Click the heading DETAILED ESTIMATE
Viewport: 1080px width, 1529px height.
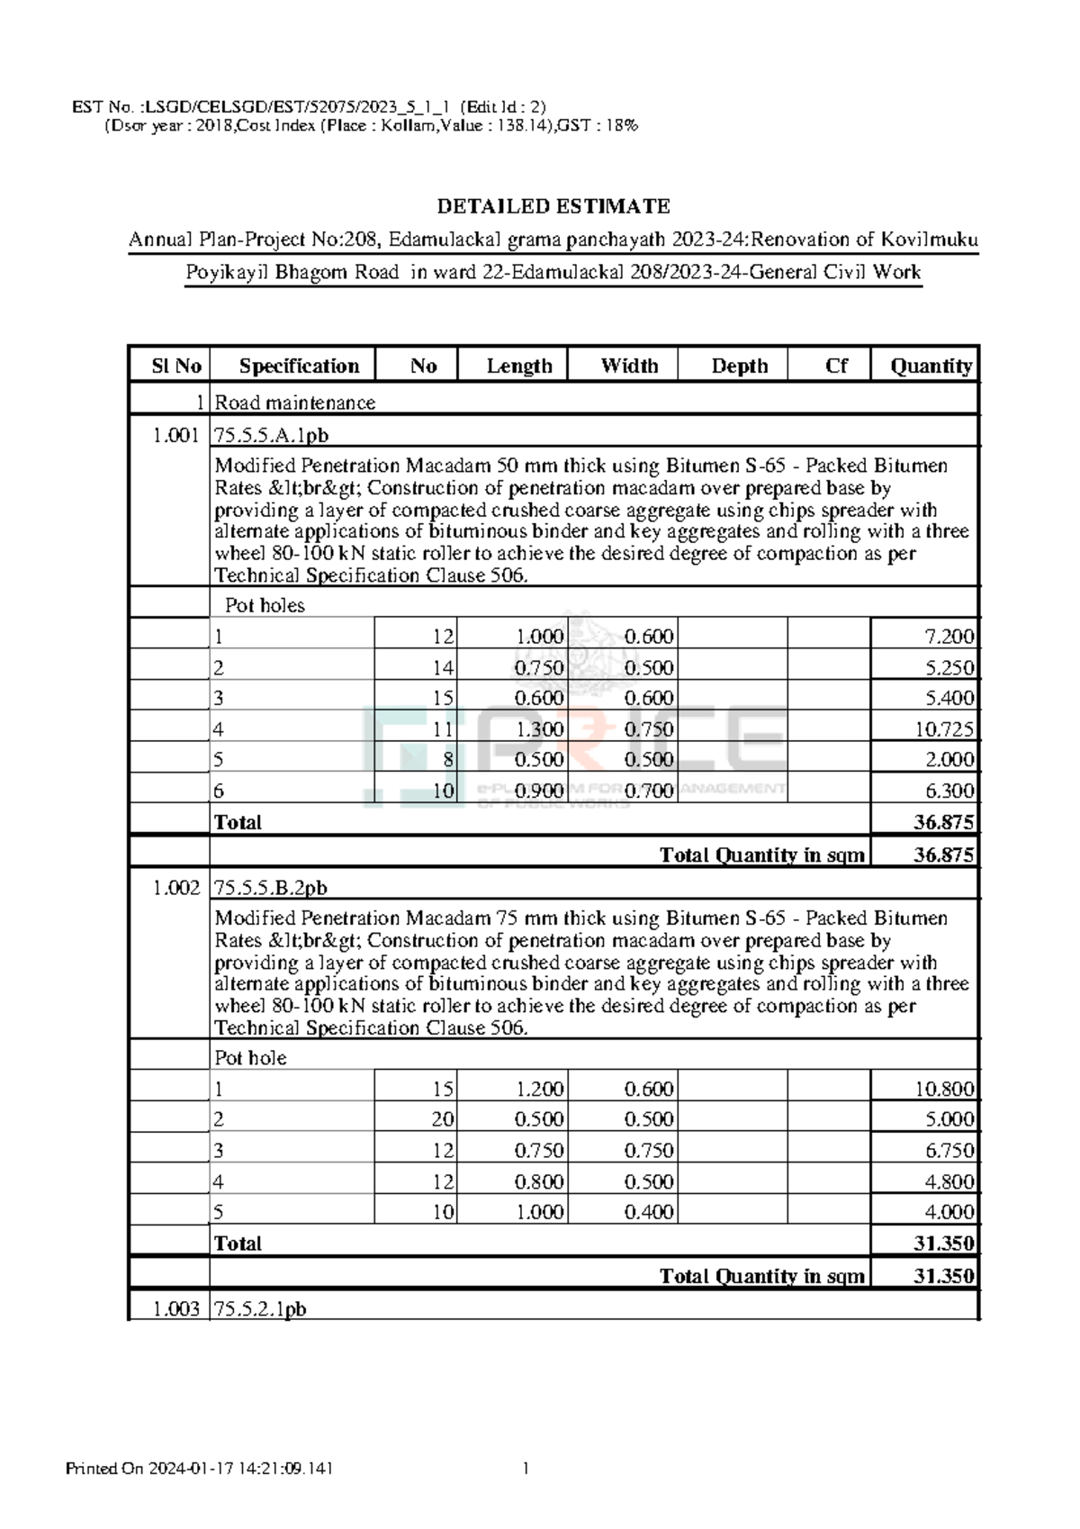553,206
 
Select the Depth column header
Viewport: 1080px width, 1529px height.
739,366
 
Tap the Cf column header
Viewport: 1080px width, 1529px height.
836,366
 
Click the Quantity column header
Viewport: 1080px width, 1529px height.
931,366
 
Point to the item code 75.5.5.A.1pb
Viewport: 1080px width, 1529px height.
271,436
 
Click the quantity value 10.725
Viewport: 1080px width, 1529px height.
944,729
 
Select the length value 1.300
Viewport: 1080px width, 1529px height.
539,729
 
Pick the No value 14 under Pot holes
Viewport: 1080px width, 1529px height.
443,668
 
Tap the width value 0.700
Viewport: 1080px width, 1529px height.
649,792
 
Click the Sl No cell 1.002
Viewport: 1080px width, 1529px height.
176,888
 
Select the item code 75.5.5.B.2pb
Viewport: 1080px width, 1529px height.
271,888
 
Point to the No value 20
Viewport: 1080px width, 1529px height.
443,1119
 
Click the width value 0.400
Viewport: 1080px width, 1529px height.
649,1212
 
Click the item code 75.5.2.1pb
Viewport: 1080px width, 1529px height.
260,1309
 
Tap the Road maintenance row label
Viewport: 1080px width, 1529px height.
294,403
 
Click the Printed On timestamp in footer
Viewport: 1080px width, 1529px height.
200,1469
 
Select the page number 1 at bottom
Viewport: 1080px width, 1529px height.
526,1469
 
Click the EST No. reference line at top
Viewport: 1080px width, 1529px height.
309,106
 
